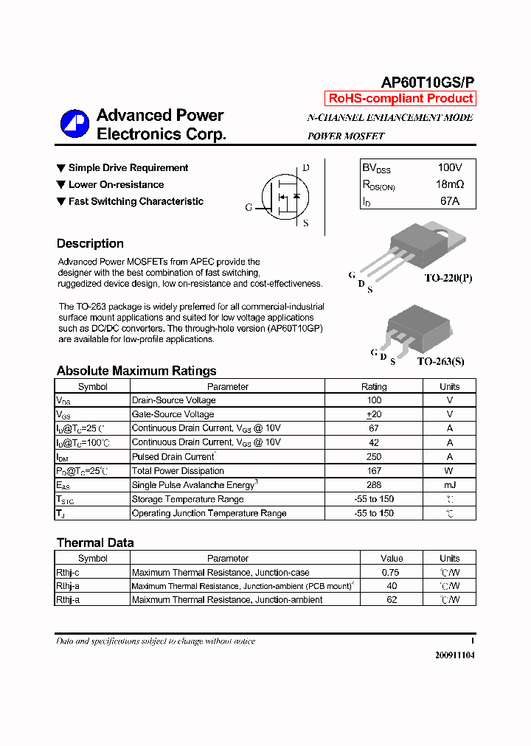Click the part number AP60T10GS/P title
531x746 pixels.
428,83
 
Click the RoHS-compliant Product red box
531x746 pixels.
400,99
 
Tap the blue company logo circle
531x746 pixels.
74,124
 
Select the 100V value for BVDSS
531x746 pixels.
450,168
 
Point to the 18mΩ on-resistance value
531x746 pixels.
450,184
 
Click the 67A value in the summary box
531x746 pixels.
450,201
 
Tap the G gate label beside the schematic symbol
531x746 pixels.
249,208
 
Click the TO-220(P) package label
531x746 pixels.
448,278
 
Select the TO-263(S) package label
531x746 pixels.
440,361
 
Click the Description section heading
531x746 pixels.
90,244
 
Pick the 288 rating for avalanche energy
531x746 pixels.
374,485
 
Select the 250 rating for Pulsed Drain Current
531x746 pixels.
374,457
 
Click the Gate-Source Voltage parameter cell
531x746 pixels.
173,414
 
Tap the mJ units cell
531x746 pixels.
449,485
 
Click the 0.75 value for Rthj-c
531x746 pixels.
392,572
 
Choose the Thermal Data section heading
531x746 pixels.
95,543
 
